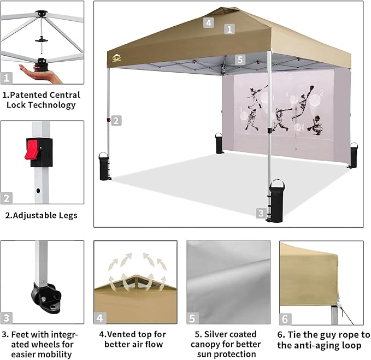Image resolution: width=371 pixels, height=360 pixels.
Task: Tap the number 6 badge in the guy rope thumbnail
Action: pyautogui.click(x=285, y=318)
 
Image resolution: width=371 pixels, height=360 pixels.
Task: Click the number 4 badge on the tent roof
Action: pyautogui.click(x=208, y=22)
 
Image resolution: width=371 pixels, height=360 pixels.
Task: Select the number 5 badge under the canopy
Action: pyautogui.click(x=240, y=60)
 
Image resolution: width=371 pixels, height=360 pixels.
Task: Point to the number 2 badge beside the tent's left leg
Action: pyautogui.click(x=116, y=121)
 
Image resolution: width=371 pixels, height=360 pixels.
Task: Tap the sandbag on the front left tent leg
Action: pyautogui.click(x=103, y=165)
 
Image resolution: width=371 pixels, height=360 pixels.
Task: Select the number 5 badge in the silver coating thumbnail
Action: pyautogui.click(x=193, y=318)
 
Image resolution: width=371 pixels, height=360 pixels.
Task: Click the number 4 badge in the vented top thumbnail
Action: pyautogui.click(x=100, y=318)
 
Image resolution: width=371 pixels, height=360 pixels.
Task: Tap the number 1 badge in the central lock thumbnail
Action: pyautogui.click(x=7, y=78)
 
